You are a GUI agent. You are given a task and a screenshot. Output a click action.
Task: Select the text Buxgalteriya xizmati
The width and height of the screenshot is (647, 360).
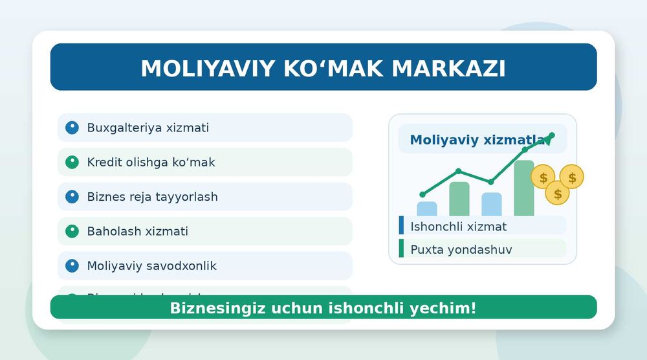tap(148, 128)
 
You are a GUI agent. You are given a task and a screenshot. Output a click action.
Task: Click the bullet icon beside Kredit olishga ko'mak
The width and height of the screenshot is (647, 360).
tap(72, 162)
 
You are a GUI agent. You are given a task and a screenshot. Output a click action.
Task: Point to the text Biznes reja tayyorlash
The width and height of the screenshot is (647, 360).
tap(152, 197)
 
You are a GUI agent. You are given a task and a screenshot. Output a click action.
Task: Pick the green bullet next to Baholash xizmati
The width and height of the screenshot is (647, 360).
tap(72, 231)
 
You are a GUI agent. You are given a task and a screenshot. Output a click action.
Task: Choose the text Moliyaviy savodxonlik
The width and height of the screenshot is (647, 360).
tap(151, 266)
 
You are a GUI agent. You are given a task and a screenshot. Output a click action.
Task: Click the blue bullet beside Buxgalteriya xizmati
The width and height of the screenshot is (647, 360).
tap(72, 128)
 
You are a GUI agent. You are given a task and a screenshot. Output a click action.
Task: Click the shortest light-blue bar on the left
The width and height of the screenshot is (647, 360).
tap(427, 208)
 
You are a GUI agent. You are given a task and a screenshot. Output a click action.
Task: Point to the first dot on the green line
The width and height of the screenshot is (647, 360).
tap(422, 194)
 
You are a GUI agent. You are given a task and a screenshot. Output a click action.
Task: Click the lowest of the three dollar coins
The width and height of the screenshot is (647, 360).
tap(557, 193)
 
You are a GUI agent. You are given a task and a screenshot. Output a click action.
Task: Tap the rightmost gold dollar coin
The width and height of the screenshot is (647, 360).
tap(572, 177)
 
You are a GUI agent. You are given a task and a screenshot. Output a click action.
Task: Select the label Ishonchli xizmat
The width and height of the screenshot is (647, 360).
tap(458, 226)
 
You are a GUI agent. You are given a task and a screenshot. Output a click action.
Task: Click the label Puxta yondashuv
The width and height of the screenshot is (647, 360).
tap(461, 249)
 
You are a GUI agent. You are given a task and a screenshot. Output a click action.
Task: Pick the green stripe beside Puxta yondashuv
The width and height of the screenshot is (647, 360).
tap(401, 249)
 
